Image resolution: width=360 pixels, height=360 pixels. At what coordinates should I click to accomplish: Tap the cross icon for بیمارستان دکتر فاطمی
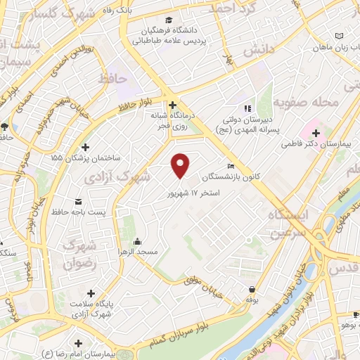[x=316, y=133]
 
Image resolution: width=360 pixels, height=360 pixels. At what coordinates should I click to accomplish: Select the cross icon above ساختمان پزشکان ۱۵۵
[x=86, y=148]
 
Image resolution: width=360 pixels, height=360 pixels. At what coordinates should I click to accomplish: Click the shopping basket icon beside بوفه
[x=252, y=288]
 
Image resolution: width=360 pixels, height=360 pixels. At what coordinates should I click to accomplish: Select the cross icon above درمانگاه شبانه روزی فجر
[x=172, y=105]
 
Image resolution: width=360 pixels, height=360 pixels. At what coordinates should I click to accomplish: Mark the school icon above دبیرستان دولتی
[x=247, y=109]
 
